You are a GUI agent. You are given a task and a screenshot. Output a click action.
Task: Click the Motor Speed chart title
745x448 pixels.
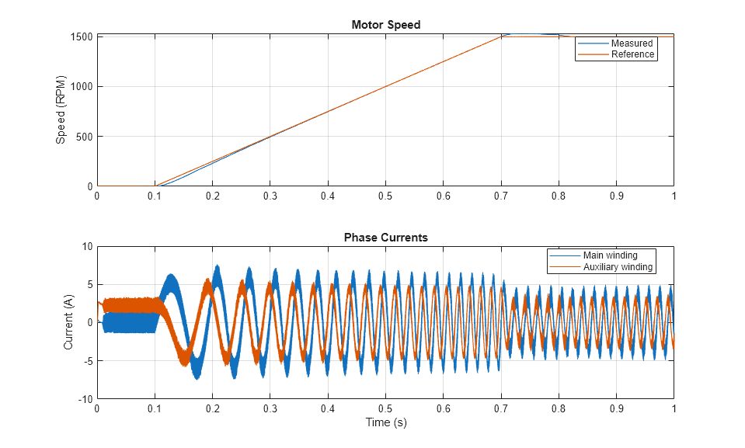coord(385,25)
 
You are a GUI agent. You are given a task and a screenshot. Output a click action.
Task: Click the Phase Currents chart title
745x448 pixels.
coord(385,238)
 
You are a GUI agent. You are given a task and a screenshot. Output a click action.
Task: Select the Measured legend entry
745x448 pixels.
coord(632,43)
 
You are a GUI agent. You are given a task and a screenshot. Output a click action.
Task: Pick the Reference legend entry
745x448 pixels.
coord(633,54)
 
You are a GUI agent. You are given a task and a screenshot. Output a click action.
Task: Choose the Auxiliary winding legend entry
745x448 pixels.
coord(618,267)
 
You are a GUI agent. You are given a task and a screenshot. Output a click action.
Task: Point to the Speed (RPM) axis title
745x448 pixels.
coord(61,109)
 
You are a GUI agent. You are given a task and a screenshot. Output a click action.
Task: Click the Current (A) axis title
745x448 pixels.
coord(69,322)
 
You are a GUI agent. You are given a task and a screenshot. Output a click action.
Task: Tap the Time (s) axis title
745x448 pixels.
coord(385,423)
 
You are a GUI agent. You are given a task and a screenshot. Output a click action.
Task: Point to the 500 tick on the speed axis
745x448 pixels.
coord(85,137)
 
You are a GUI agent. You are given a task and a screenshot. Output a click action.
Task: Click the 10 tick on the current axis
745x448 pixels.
coord(86,247)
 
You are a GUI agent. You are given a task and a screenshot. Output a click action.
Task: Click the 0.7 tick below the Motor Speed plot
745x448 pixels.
coord(500,196)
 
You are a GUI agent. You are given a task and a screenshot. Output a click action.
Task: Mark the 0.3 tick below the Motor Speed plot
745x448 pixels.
coord(270,196)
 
